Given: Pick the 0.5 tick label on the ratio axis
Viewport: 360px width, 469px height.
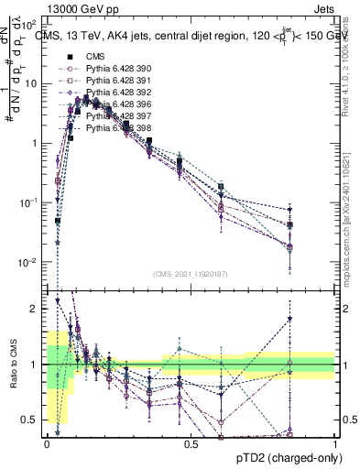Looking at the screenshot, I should tap(28, 420).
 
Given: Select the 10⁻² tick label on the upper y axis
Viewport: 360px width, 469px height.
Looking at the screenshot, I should tap(27, 263).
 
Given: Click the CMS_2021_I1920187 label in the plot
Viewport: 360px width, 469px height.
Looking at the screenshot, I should tap(190, 273).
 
